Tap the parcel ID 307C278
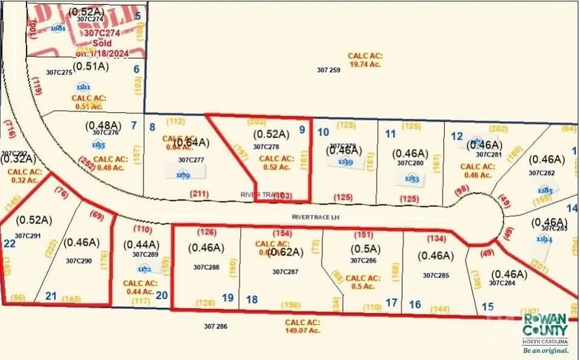point(266,147)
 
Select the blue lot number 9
point(302,129)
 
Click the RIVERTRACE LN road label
point(311,217)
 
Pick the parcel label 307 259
point(329,70)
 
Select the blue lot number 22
point(9,244)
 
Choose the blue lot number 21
point(50,296)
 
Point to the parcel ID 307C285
point(436,275)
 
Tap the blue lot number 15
point(488,306)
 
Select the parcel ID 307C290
point(79,261)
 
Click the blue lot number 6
point(137,69)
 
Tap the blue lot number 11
point(391,134)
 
